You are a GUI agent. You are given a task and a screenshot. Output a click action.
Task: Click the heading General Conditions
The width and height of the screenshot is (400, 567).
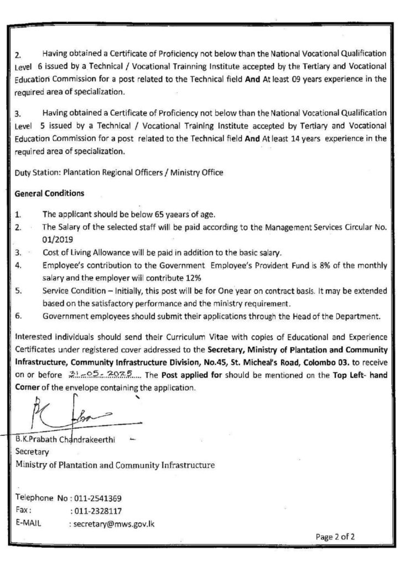click(x=50, y=194)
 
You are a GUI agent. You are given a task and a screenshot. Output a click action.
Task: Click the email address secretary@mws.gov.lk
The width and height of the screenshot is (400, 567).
click(x=113, y=523)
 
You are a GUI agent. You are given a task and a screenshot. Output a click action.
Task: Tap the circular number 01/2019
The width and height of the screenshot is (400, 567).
click(x=57, y=239)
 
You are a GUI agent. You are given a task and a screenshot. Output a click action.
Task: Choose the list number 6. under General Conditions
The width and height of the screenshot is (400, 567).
click(x=18, y=317)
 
